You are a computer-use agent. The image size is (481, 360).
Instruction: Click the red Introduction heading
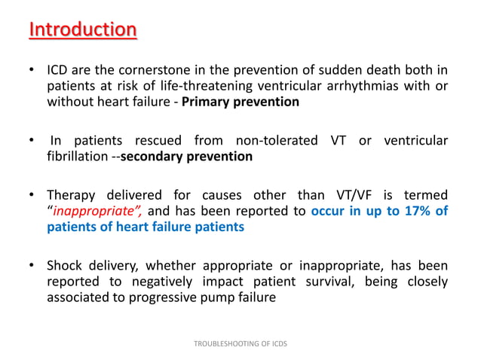(x=83, y=31)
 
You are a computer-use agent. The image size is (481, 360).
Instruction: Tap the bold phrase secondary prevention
(x=186, y=157)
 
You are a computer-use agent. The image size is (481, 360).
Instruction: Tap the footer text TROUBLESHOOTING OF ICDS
(x=240, y=343)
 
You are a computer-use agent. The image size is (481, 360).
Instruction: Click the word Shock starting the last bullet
(x=65, y=265)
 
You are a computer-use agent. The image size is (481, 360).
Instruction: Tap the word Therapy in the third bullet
(x=72, y=196)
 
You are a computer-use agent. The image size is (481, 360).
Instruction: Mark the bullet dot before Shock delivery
(x=32, y=265)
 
